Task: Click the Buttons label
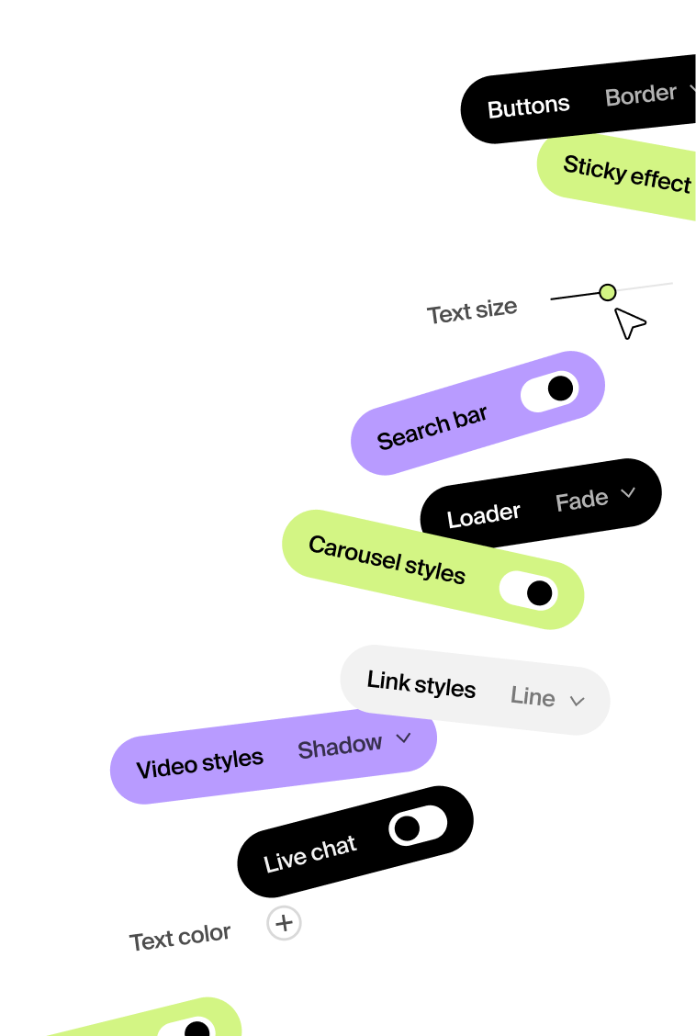pyautogui.click(x=528, y=107)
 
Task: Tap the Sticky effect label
pyautogui.click(x=626, y=173)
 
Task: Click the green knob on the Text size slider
pyautogui.click(x=607, y=292)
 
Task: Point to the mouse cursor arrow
pyautogui.click(x=628, y=321)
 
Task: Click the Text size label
pyautogui.click(x=472, y=311)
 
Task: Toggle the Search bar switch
pyautogui.click(x=550, y=391)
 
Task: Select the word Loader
pyautogui.click(x=483, y=516)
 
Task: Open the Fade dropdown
pyautogui.click(x=582, y=501)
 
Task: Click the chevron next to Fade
pyautogui.click(x=628, y=493)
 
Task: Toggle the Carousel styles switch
pyautogui.click(x=529, y=591)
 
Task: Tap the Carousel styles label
pyautogui.click(x=387, y=559)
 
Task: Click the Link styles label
pyautogui.click(x=421, y=684)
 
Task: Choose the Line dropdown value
pyautogui.click(x=533, y=697)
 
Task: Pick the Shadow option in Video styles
pyautogui.click(x=340, y=747)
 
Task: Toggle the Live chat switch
pyautogui.click(x=418, y=826)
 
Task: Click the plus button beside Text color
pyautogui.click(x=285, y=923)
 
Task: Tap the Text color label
pyautogui.click(x=180, y=938)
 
